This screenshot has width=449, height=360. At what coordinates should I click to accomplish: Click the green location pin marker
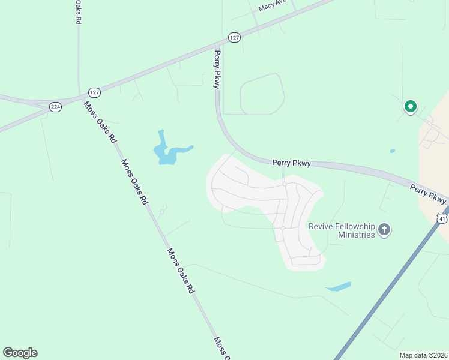point(411,107)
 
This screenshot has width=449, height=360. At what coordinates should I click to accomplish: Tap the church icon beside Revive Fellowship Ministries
point(384,229)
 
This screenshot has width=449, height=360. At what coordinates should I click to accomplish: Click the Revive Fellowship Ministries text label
point(342,230)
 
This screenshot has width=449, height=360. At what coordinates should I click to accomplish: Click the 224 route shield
point(55,107)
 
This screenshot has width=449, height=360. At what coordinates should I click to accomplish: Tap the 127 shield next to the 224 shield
point(94,92)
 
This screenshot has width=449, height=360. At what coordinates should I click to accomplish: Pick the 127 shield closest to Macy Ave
point(234,37)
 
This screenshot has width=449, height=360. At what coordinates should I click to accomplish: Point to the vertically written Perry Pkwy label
point(217,70)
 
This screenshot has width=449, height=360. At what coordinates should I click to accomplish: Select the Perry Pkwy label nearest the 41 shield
point(429,193)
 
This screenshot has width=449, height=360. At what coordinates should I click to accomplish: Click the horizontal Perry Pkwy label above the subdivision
point(291,163)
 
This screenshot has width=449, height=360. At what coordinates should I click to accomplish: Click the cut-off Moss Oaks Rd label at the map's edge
point(220,348)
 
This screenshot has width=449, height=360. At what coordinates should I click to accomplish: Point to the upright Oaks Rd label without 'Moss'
point(77,11)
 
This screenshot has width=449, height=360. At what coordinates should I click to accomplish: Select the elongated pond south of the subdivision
point(339,287)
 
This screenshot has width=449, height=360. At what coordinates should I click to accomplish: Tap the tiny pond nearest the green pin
point(392,151)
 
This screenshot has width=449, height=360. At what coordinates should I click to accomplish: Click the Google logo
point(20,353)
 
